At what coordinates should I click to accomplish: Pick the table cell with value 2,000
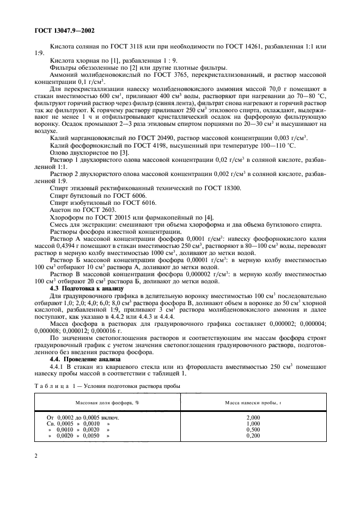(x=253, y=416)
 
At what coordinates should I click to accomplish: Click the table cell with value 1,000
(x=253, y=423)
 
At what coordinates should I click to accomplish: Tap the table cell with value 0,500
(x=253, y=429)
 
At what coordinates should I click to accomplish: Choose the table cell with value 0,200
(x=253, y=436)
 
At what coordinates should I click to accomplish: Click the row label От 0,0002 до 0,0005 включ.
(x=82, y=416)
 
